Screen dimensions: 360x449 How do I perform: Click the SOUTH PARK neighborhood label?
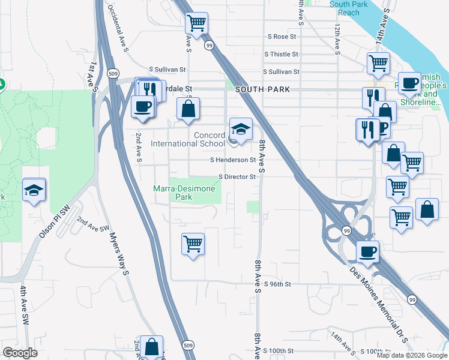coord(262,89)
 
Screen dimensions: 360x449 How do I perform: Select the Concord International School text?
coord(187,139)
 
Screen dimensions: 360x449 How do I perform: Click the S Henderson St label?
coord(233,160)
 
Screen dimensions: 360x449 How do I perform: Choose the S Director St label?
coord(237,177)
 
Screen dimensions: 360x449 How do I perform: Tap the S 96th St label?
coord(277,284)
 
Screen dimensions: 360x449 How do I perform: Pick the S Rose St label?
coord(282,37)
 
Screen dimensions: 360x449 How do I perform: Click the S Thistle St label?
coord(281,54)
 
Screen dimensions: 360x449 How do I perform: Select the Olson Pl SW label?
coord(55,221)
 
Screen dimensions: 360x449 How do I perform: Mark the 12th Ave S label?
coord(338,37)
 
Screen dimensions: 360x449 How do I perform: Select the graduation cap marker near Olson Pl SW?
coord(34,190)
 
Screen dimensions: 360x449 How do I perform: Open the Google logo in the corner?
coord(20,353)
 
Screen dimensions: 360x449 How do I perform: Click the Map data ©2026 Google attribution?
coord(411,355)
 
